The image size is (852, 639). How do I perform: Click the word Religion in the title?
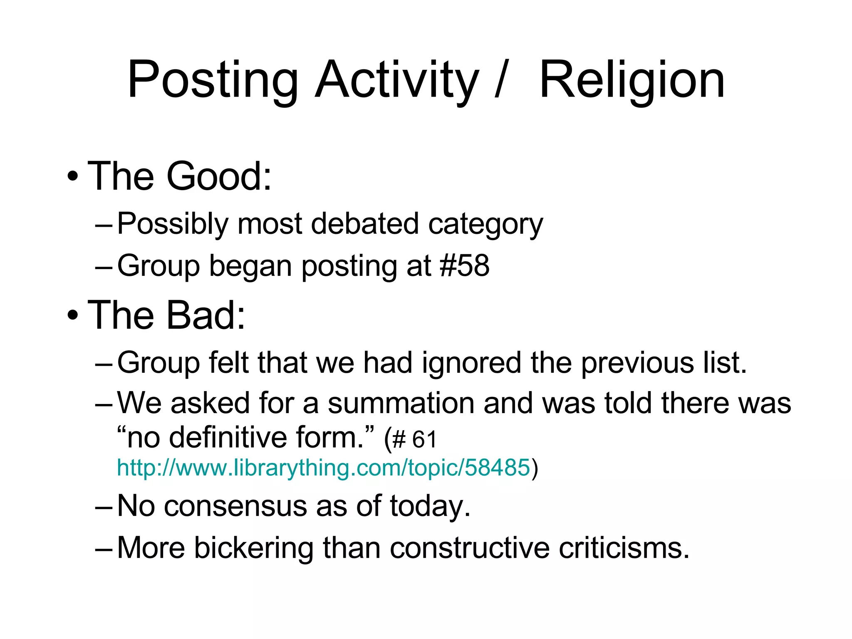632,80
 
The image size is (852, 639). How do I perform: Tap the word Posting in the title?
213,80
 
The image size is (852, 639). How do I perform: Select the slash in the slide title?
501,80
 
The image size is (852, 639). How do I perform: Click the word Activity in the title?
397,80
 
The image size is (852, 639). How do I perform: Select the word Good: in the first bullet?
219,176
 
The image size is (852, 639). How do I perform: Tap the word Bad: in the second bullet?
206,315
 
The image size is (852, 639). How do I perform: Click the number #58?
465,265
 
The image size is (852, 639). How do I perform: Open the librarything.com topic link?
324,468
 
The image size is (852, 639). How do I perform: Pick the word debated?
364,224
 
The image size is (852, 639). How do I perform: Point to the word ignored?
471,363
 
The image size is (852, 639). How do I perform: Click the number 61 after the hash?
424,440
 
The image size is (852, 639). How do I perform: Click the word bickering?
253,547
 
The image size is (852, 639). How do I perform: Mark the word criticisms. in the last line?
624,547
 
